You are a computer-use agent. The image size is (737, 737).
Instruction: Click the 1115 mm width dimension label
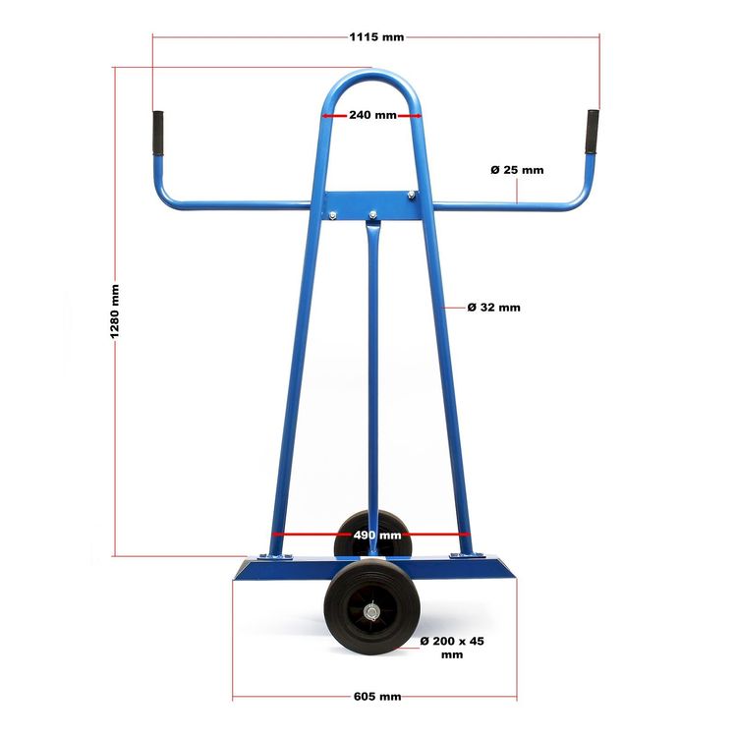376,36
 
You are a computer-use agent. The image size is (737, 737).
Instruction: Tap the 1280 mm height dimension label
115,312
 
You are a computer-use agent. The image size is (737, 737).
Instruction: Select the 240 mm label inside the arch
372,115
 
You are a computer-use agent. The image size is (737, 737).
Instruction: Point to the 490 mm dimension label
377,535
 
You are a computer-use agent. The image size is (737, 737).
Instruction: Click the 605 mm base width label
377,696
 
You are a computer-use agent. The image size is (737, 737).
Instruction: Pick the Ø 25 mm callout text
517,170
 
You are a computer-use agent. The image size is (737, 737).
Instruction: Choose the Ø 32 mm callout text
494,308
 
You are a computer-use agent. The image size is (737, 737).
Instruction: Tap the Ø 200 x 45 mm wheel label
452,648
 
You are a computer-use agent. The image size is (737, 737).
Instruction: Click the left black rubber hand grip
158,133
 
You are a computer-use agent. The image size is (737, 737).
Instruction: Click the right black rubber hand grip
593,132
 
